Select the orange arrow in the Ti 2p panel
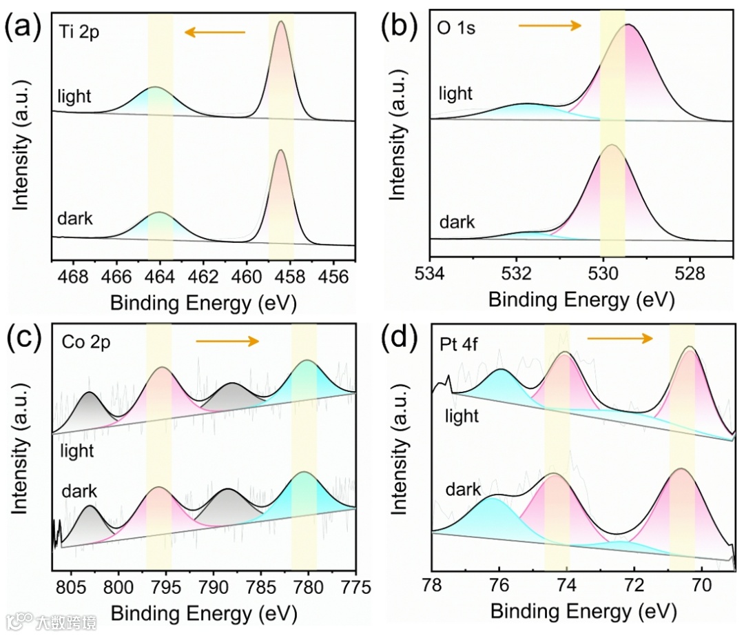pos(215,32)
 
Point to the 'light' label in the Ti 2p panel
pos(74,96)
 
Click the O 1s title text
pos(457,30)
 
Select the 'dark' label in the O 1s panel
pos(457,221)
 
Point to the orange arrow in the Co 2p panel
pos(227,341)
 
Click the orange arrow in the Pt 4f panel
pos(619,338)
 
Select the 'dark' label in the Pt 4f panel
pos(462,490)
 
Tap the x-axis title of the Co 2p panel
pos(204,613)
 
